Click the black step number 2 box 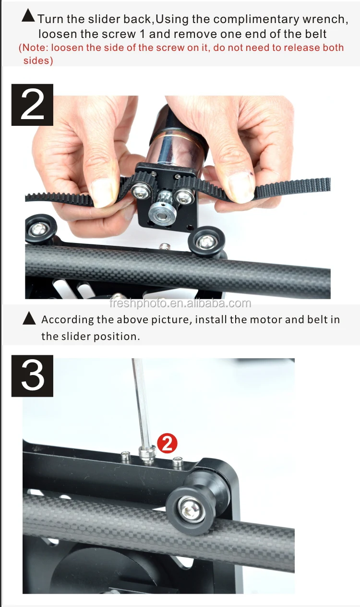(32, 105)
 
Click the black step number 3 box (32, 376)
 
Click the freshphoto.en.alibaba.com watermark (180, 303)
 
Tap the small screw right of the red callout (178, 461)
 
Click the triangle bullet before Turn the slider (28, 17)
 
